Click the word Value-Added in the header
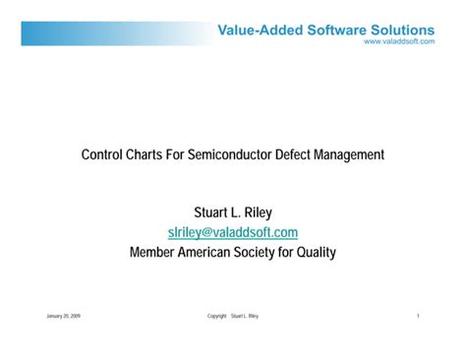(x=257, y=30)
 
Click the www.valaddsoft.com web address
(x=399, y=42)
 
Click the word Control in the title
(x=103, y=154)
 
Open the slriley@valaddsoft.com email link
(x=233, y=232)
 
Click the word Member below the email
(x=155, y=253)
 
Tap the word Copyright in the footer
(x=217, y=317)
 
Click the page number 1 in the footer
(x=419, y=317)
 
